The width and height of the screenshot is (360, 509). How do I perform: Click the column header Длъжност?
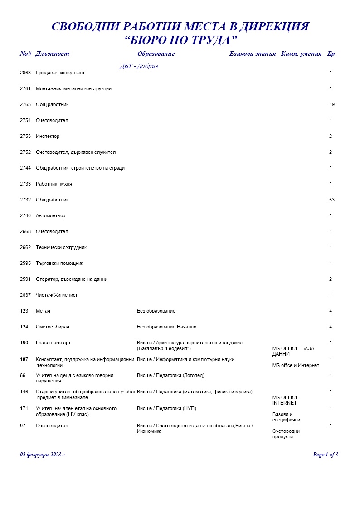tap(52, 54)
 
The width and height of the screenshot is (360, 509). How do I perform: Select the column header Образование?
tap(156, 54)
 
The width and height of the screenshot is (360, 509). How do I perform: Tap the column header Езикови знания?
tap(252, 54)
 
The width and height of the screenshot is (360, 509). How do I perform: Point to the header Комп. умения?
tap(302, 54)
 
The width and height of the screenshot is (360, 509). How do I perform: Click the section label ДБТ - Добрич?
tap(139, 66)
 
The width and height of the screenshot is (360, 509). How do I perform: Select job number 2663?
tap(25, 73)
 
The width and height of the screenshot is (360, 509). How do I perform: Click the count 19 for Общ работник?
tap(332, 105)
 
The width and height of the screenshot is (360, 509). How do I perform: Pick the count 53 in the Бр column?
tap(332, 200)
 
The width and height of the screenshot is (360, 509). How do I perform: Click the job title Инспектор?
tap(48, 137)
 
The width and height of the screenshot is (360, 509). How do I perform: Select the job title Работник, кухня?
tap(54, 184)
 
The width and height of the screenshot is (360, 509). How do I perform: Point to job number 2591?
tap(25, 279)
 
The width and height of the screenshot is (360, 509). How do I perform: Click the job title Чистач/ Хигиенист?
tap(57, 295)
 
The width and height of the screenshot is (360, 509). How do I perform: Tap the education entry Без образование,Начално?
tap(166, 327)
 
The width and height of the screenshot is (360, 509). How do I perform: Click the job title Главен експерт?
tap(53, 343)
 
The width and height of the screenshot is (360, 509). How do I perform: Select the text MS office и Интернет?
tap(296, 366)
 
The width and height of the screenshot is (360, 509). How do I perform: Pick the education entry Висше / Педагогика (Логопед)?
tap(170, 376)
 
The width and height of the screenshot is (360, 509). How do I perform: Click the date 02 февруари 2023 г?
tap(43, 455)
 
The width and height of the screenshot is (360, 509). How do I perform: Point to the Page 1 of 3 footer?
tap(326, 455)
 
